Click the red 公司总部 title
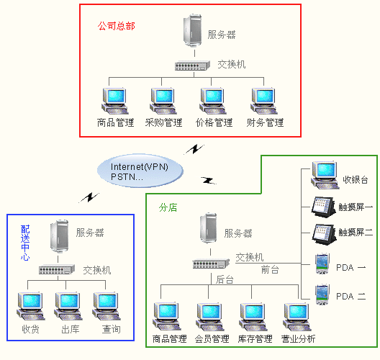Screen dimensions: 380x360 (x=117, y=26)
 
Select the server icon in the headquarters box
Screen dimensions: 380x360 (x=193, y=30)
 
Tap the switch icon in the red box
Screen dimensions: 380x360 (x=192, y=66)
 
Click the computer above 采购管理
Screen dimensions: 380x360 (x=163, y=101)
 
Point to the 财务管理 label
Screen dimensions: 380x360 (x=265, y=122)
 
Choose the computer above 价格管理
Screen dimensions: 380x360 (x=213, y=101)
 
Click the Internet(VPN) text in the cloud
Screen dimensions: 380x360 (x=140, y=167)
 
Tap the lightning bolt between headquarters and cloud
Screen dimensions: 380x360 (x=194, y=149)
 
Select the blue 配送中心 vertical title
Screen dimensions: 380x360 (x=25, y=243)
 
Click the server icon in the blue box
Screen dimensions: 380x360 (x=59, y=236)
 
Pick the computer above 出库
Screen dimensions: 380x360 (x=68, y=306)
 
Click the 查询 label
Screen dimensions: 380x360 (x=112, y=329)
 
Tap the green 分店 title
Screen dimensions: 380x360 (x=168, y=207)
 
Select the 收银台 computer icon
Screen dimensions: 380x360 (x=325, y=175)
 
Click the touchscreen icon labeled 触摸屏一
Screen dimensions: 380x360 (x=324, y=207)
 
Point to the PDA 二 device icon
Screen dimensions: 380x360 (x=322, y=294)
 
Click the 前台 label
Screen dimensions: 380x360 (x=270, y=269)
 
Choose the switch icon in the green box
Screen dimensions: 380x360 (x=211, y=264)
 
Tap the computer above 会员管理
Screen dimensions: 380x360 (x=210, y=317)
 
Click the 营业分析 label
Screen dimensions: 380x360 (x=299, y=338)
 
